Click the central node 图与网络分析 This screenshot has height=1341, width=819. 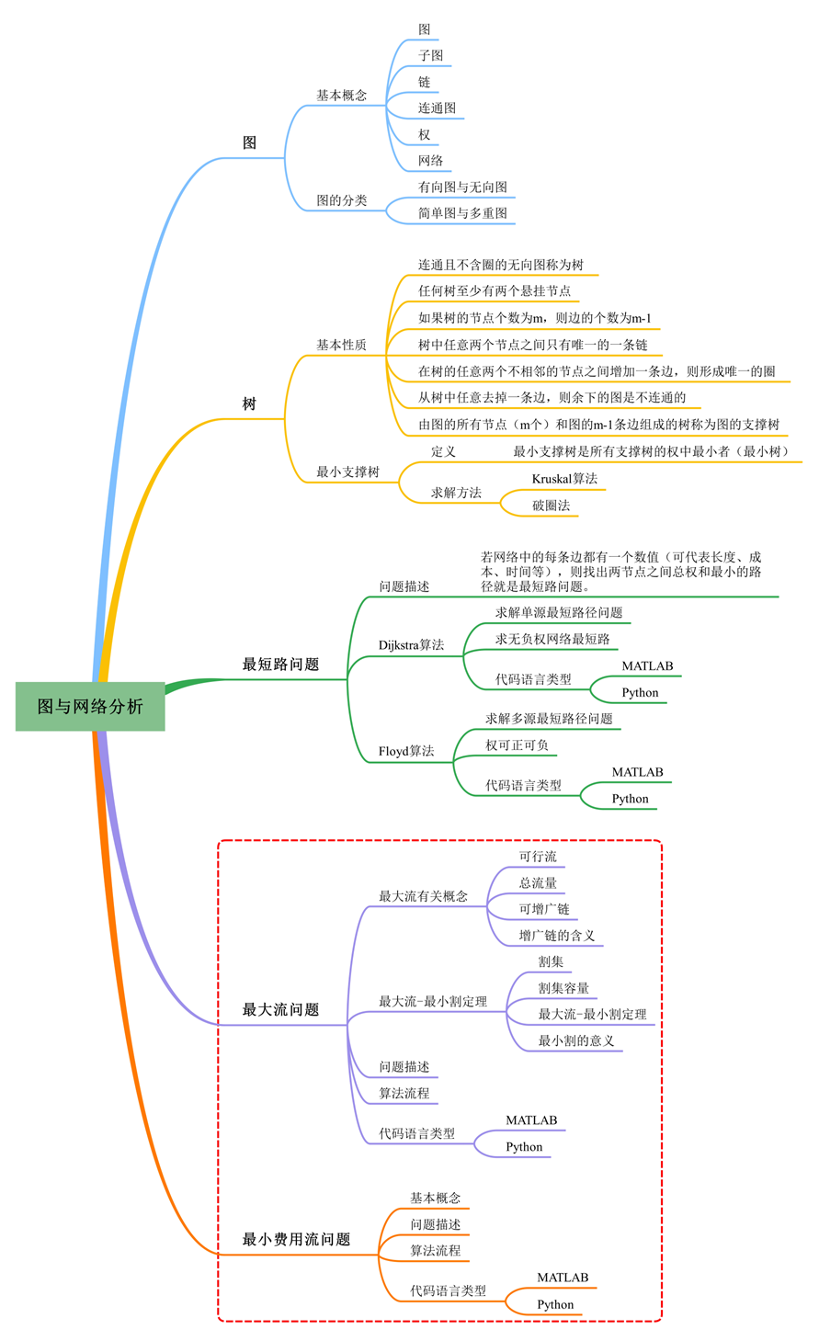click(90, 707)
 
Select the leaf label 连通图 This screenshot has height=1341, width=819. click(437, 108)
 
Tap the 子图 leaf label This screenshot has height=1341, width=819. click(430, 56)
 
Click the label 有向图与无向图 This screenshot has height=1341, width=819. click(462, 188)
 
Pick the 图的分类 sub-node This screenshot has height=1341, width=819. click(341, 200)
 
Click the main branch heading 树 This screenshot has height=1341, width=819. click(249, 404)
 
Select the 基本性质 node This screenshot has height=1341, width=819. click(341, 345)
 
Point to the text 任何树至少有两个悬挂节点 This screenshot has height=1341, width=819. click(495, 291)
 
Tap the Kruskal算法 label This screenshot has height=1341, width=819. click(564, 479)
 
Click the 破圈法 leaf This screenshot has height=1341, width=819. click(552, 506)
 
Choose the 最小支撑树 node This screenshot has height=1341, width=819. click(347, 472)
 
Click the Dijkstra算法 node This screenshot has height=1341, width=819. click(411, 645)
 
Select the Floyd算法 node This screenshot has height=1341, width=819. click(406, 751)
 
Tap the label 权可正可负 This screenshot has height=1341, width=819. click(517, 745)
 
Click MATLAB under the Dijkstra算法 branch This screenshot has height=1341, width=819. click(647, 666)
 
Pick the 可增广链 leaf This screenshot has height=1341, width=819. click(543, 909)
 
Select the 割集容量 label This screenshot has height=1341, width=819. click(563, 988)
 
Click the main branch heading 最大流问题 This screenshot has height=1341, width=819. click(280, 1010)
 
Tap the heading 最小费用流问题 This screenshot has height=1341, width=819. click(296, 1240)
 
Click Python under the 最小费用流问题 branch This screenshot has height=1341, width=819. click(555, 1305)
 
